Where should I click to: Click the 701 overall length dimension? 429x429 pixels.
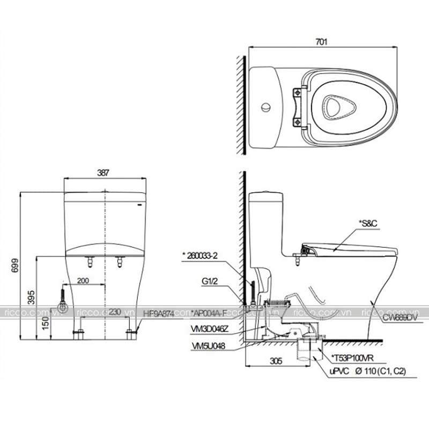322,41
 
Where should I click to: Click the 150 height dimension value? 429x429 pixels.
47,323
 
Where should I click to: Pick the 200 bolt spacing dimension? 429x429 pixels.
83,280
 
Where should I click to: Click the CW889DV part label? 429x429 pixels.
400,317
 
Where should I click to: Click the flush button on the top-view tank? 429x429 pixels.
264,108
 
